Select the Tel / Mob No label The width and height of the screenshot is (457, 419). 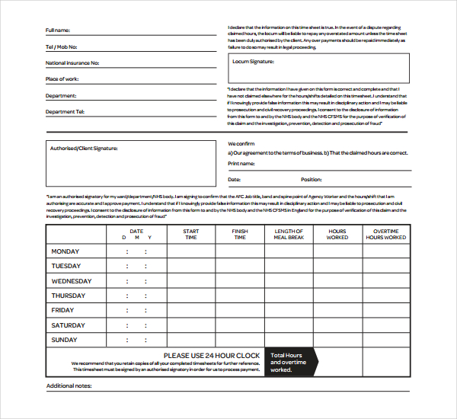tap(61, 47)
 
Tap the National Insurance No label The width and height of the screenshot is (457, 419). tap(72, 63)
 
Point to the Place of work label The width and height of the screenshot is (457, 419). tap(62, 79)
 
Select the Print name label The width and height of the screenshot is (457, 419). tap(241, 163)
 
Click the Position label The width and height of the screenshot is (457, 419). tap(311, 180)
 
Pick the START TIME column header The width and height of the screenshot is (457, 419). tap(191, 234)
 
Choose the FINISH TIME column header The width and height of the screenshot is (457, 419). tap(240, 234)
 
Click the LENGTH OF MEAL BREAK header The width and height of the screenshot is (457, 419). tap(289, 234)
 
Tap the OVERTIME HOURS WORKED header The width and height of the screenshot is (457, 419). tap(385, 234)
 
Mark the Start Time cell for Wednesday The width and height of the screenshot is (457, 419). tap(191, 281)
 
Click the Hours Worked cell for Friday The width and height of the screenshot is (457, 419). tap(337, 310)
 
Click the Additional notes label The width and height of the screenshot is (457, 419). tap(69, 386)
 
